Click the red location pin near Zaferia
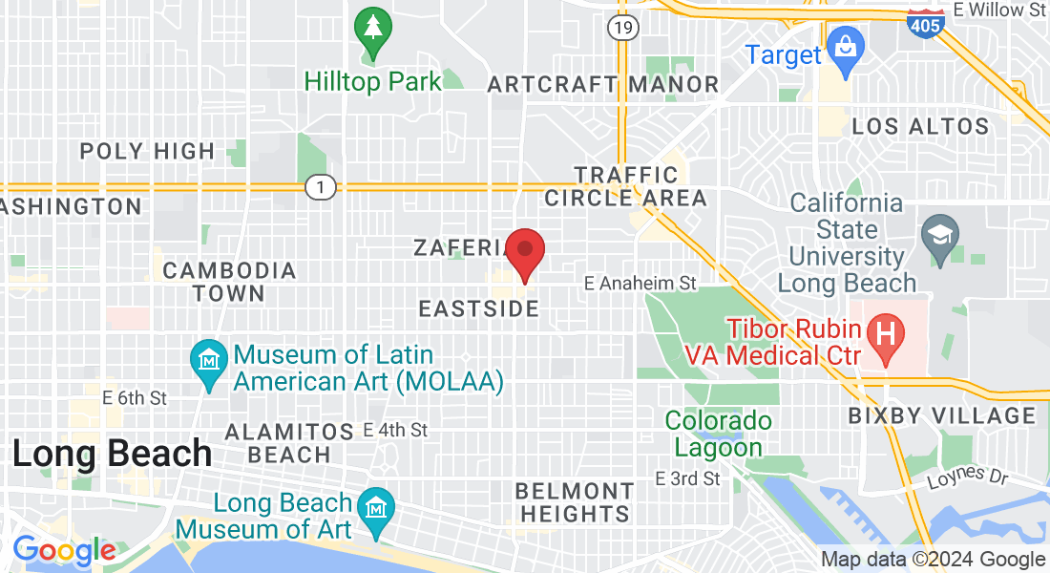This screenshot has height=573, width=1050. [x=524, y=251]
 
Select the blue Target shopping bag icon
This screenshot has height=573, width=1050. [x=845, y=44]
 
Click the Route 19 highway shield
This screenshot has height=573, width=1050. [x=622, y=28]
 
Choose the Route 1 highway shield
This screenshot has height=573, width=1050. [x=321, y=187]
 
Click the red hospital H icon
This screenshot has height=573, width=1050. [x=885, y=334]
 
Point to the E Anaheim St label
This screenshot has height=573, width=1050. [x=640, y=284]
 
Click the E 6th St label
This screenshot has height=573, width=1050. [x=135, y=397]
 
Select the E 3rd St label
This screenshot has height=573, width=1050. [x=687, y=478]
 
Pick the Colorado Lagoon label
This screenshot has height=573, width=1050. [x=718, y=434]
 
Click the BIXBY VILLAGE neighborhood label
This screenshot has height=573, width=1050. [x=941, y=415]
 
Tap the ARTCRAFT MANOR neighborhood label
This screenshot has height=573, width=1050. [x=602, y=84]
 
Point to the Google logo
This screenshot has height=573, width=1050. [x=64, y=551]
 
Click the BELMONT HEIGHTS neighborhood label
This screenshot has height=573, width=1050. [x=574, y=502]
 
